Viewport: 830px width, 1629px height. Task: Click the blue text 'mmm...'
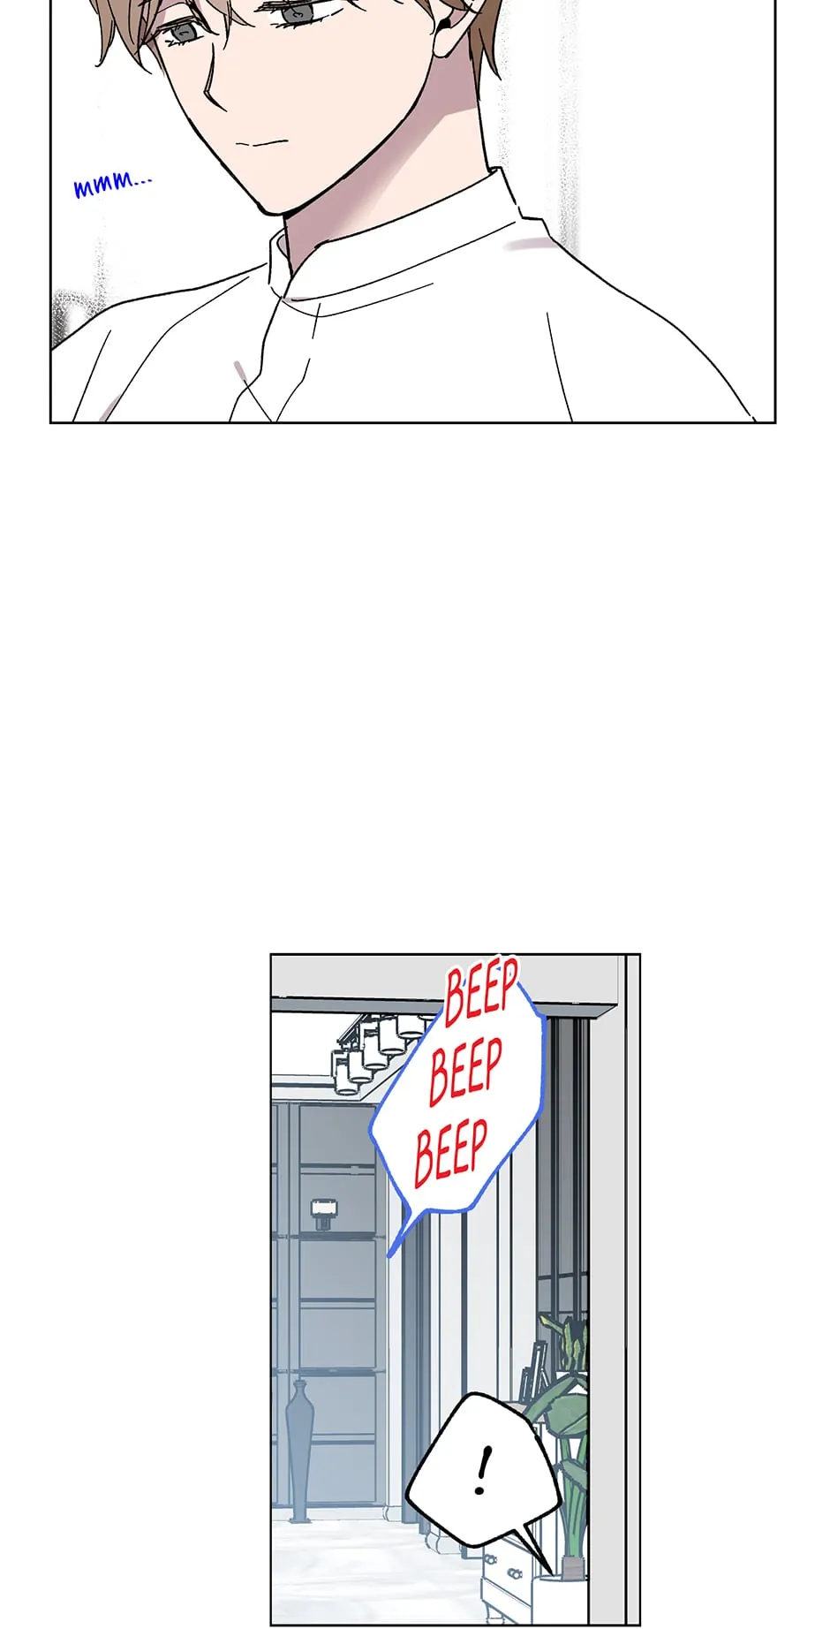point(112,185)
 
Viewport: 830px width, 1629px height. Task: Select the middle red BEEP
point(465,1072)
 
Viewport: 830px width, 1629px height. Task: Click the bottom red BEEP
point(450,1151)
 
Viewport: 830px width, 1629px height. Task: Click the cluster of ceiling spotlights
point(380,1052)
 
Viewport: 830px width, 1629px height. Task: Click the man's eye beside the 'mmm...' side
point(183,32)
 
